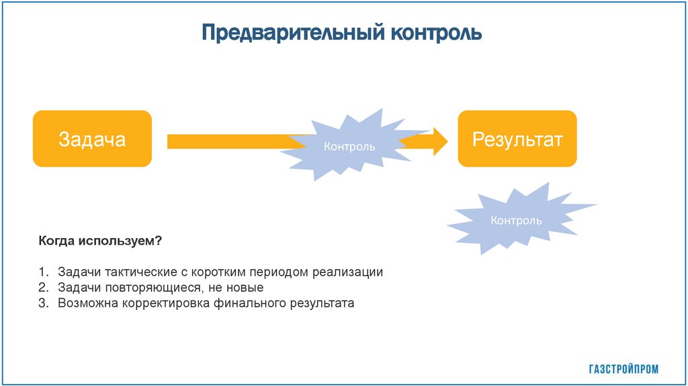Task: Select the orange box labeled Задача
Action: [92, 139]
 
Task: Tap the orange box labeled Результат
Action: [517, 139]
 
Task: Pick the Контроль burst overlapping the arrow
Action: [349, 145]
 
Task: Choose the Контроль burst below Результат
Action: [516, 220]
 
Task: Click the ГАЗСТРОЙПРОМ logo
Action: [623, 369]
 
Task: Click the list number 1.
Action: [42, 272]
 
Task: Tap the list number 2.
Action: [42, 288]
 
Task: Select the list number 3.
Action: [42, 303]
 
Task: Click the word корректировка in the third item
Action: [166, 303]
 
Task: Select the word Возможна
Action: [88, 303]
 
